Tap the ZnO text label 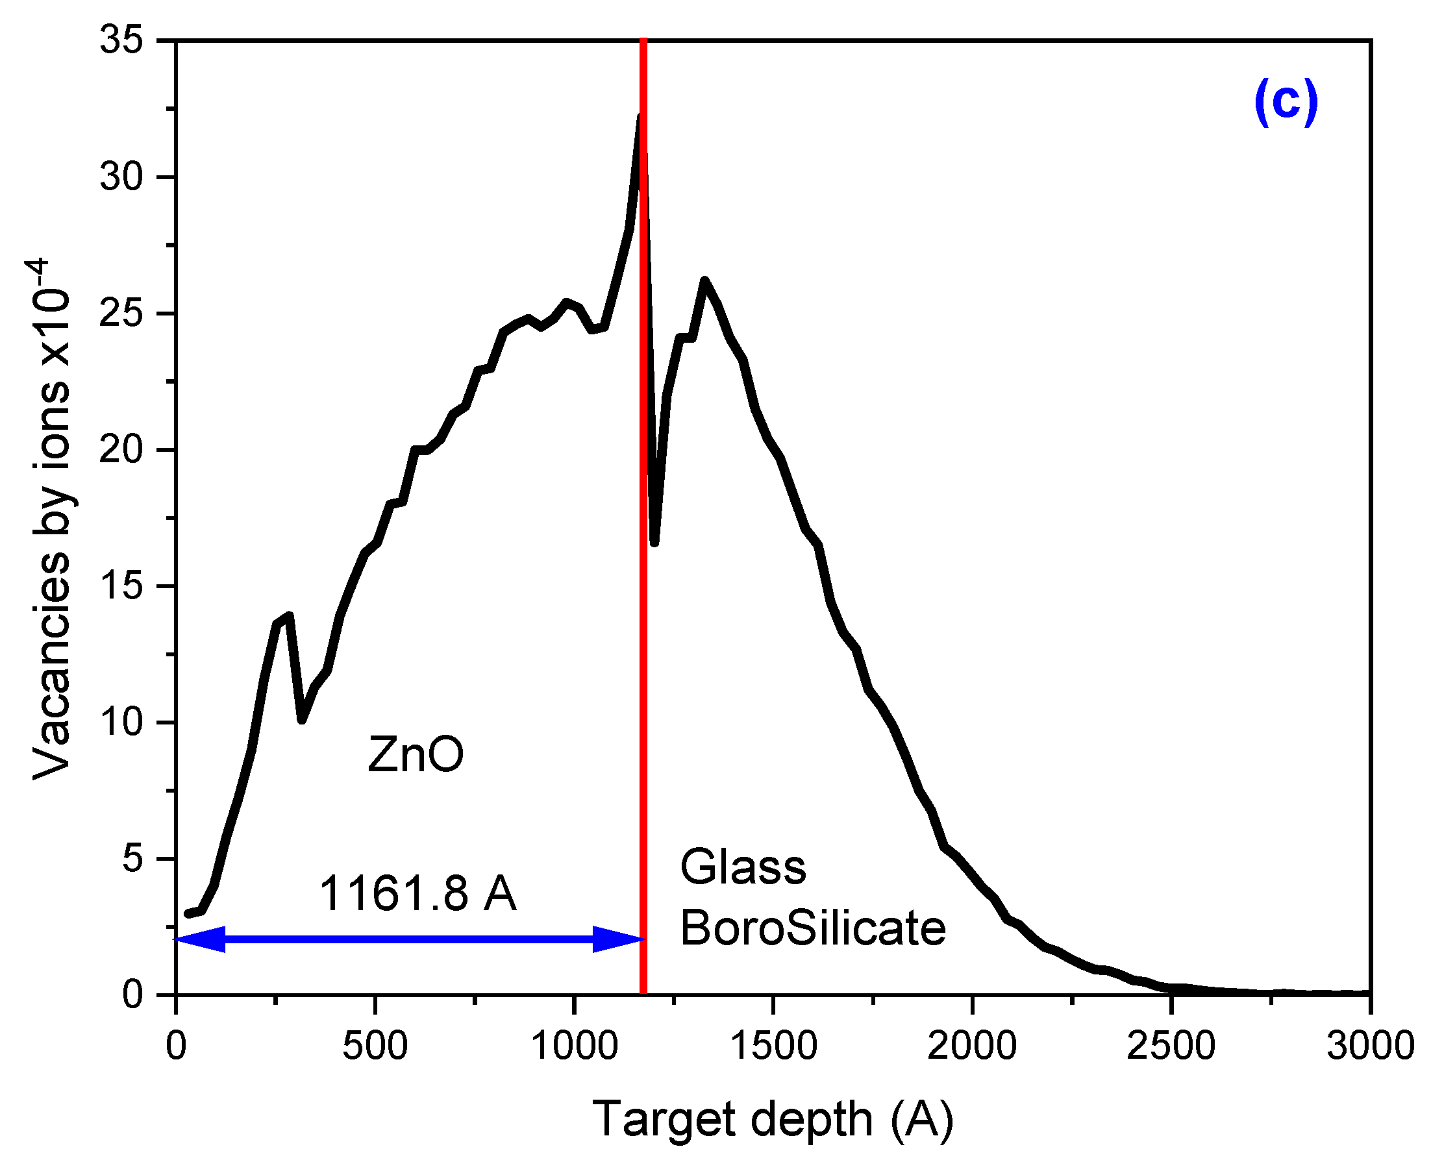tap(415, 755)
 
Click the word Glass tap(742, 867)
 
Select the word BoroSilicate tap(812, 929)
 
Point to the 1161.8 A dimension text tap(417, 894)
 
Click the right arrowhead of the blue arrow tap(619, 939)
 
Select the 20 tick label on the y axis tap(121, 450)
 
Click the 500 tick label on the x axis tap(375, 1046)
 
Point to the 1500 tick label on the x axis tap(773, 1046)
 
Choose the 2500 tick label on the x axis tap(1171, 1046)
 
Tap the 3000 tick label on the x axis tap(1369, 1046)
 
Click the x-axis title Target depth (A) tap(773, 1119)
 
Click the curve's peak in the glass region tap(704, 280)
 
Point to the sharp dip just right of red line tap(654, 542)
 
